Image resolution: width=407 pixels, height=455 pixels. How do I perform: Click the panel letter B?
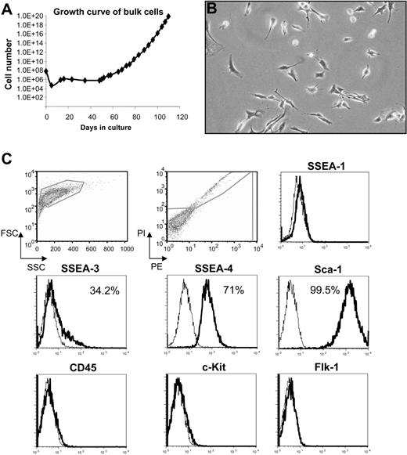tap(212, 9)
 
